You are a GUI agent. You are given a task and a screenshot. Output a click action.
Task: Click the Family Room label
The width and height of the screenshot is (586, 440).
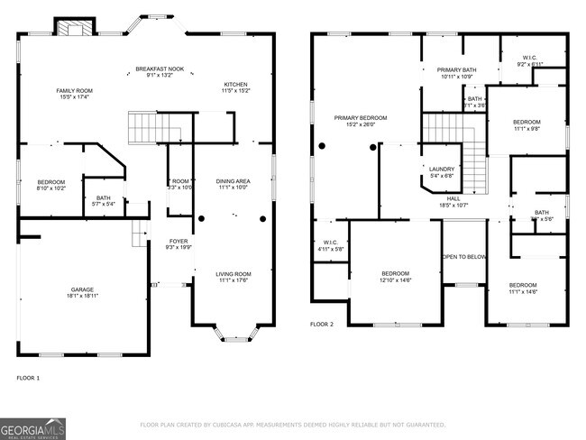(74, 91)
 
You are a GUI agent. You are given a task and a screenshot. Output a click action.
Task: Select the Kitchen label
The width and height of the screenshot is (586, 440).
(235, 87)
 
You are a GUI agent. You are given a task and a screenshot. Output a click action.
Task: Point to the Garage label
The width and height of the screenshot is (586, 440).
(82, 290)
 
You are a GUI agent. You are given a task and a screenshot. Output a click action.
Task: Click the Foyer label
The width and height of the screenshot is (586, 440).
(178, 242)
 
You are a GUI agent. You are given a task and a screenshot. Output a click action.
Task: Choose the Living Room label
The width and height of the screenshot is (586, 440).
(233, 274)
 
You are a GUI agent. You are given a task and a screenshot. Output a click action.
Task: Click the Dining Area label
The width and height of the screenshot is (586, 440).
(233, 182)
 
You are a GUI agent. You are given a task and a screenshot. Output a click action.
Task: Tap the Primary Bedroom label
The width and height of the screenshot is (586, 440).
(361, 118)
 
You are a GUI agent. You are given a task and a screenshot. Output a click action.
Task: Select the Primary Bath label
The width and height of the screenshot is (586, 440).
(456, 70)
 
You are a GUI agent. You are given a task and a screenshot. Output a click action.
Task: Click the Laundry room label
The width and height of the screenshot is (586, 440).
(441, 169)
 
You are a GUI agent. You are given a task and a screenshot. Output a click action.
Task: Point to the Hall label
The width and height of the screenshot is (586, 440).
(453, 199)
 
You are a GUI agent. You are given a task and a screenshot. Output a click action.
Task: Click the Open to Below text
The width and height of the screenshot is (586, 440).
(464, 257)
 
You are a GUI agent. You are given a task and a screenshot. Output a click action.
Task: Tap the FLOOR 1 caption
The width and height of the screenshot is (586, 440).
(28, 378)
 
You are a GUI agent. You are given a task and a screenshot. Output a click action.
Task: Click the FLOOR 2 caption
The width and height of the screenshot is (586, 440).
(322, 324)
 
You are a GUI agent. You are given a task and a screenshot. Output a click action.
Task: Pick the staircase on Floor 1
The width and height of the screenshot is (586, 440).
(145, 128)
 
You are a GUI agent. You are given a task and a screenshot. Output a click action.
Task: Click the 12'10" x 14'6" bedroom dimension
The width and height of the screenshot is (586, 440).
(395, 280)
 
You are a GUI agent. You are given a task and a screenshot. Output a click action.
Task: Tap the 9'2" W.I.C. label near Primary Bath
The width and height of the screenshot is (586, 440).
(528, 60)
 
